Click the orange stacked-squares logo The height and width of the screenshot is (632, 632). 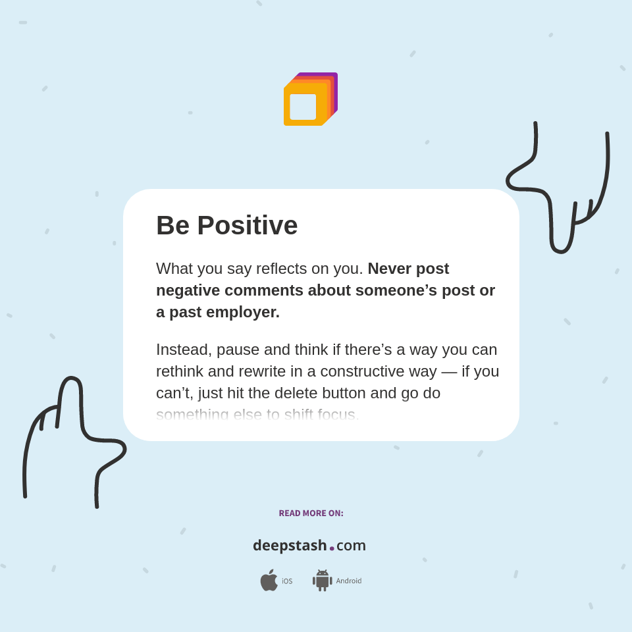tap(310, 99)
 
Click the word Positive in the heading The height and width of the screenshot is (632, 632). tap(247, 226)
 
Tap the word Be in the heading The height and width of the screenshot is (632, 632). tap(172, 226)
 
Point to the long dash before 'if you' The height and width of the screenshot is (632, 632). tap(449, 371)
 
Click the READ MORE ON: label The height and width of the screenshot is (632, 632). tap(311, 513)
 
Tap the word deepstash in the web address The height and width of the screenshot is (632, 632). tap(290, 546)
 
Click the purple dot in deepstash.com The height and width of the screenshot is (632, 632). tap(332, 548)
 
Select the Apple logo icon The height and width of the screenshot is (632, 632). tap(269, 581)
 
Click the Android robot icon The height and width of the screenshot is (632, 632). tap(323, 581)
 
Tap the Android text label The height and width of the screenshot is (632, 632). tap(349, 581)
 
